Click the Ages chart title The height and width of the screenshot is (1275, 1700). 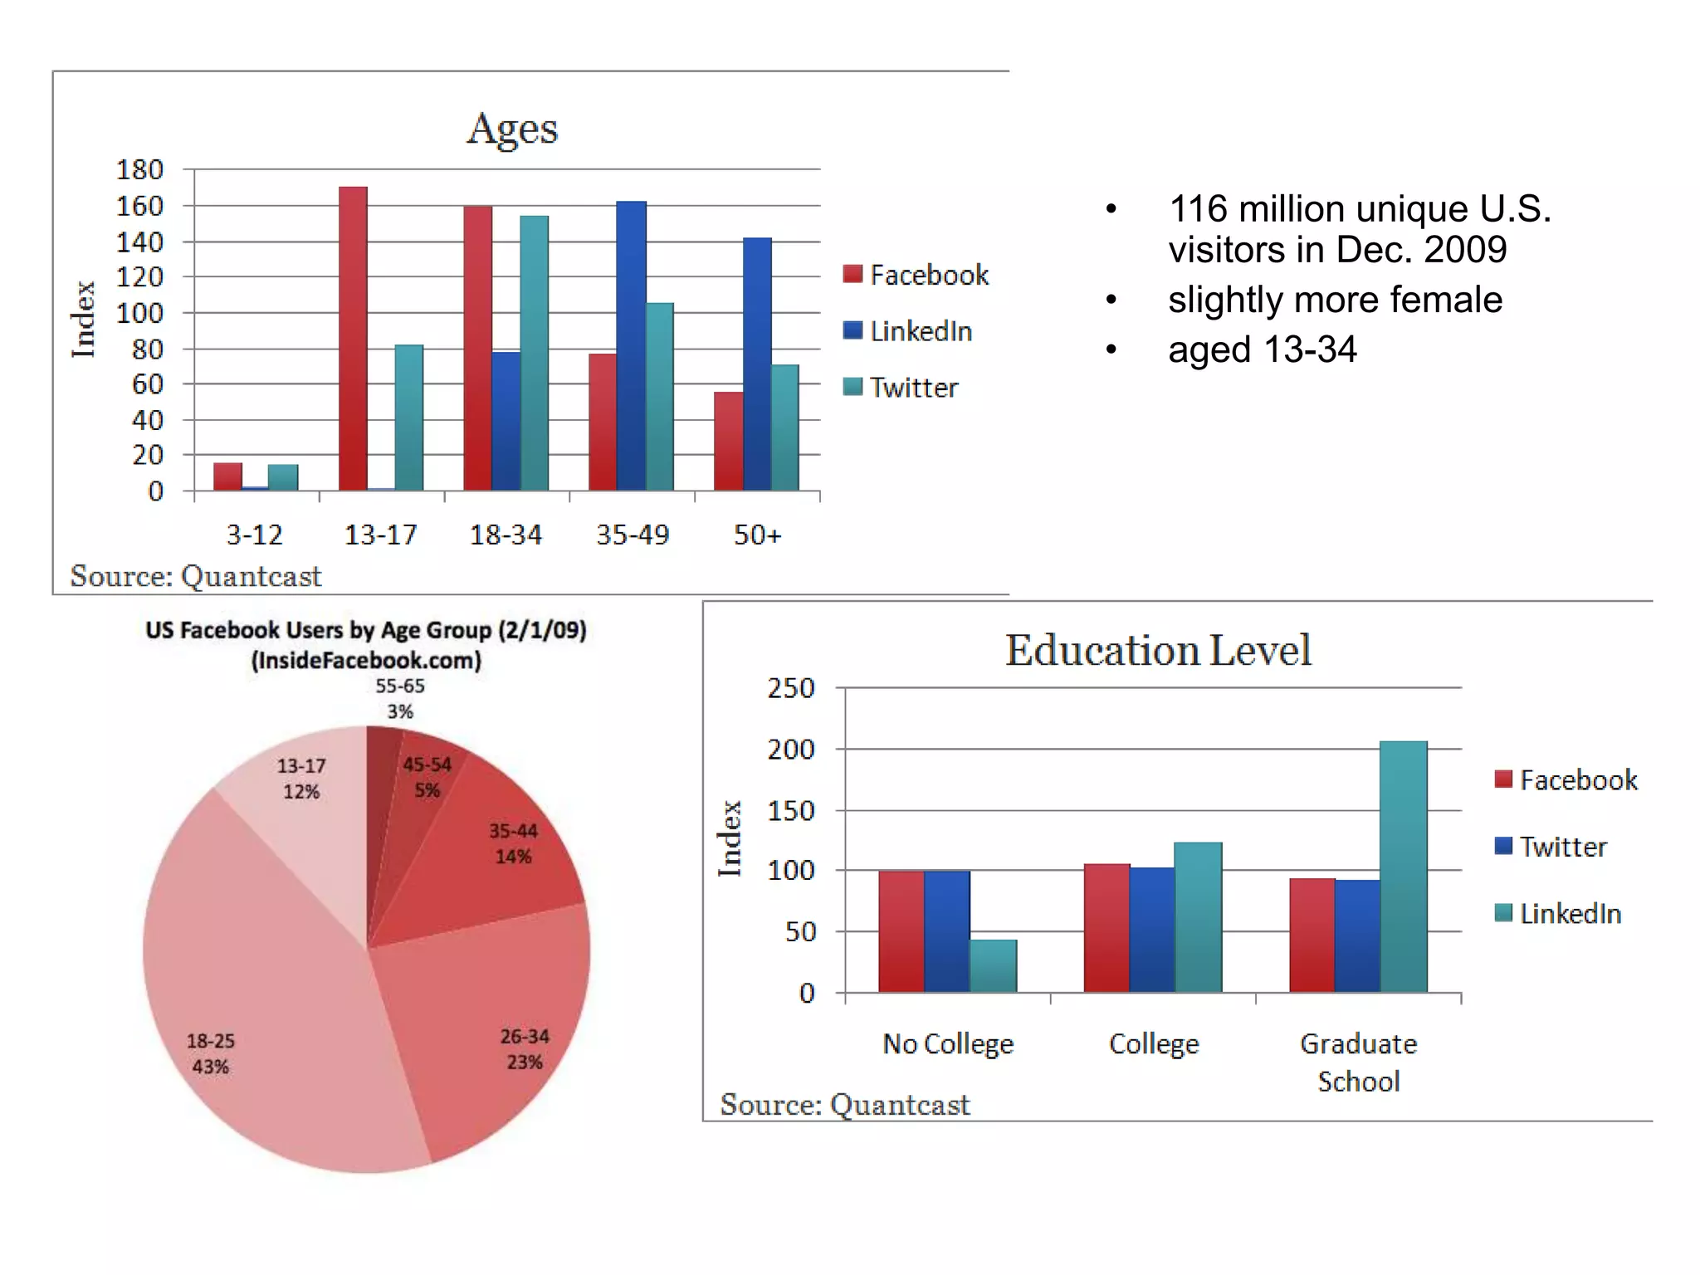click(512, 129)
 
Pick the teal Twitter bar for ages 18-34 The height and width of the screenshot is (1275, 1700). click(534, 353)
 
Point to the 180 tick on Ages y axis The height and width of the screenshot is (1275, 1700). click(139, 169)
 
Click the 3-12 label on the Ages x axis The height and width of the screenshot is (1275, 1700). click(255, 535)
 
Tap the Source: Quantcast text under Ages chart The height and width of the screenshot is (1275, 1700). click(195, 576)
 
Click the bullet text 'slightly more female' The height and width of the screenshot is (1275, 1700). click(1335, 300)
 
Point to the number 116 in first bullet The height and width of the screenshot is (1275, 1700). click(1198, 209)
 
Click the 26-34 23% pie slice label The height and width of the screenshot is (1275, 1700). click(525, 1049)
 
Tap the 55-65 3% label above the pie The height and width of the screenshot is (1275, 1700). click(400, 698)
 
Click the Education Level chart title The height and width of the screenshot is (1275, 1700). click(1158, 650)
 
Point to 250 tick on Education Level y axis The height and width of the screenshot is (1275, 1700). click(791, 688)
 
